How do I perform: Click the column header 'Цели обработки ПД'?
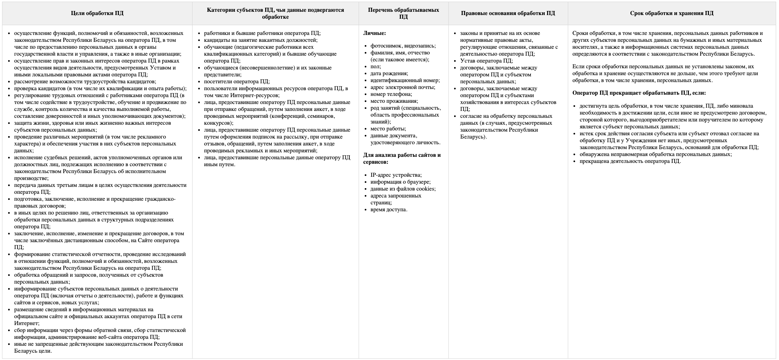[97, 13]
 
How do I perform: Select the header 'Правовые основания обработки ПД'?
[508, 13]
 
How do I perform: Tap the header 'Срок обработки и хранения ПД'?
[671, 13]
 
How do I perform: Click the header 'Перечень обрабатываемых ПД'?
[403, 13]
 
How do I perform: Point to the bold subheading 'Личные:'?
[374, 33]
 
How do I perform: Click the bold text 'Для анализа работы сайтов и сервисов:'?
[402, 158]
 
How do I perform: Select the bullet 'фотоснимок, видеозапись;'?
[403, 46]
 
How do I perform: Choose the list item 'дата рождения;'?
[389, 74]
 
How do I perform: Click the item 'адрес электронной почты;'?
[402, 87]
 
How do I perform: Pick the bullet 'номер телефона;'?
[391, 94]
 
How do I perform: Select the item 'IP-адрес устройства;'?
[396, 175]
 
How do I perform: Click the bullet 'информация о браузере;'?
[400, 182]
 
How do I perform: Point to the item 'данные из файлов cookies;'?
[403, 189]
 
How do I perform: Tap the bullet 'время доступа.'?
[389, 210]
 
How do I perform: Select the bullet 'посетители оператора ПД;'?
[237, 82]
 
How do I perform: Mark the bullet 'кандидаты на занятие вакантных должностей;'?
[261, 40]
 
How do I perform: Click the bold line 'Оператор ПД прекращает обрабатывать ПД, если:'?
[639, 93]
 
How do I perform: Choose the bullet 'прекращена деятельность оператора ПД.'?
[630, 161]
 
